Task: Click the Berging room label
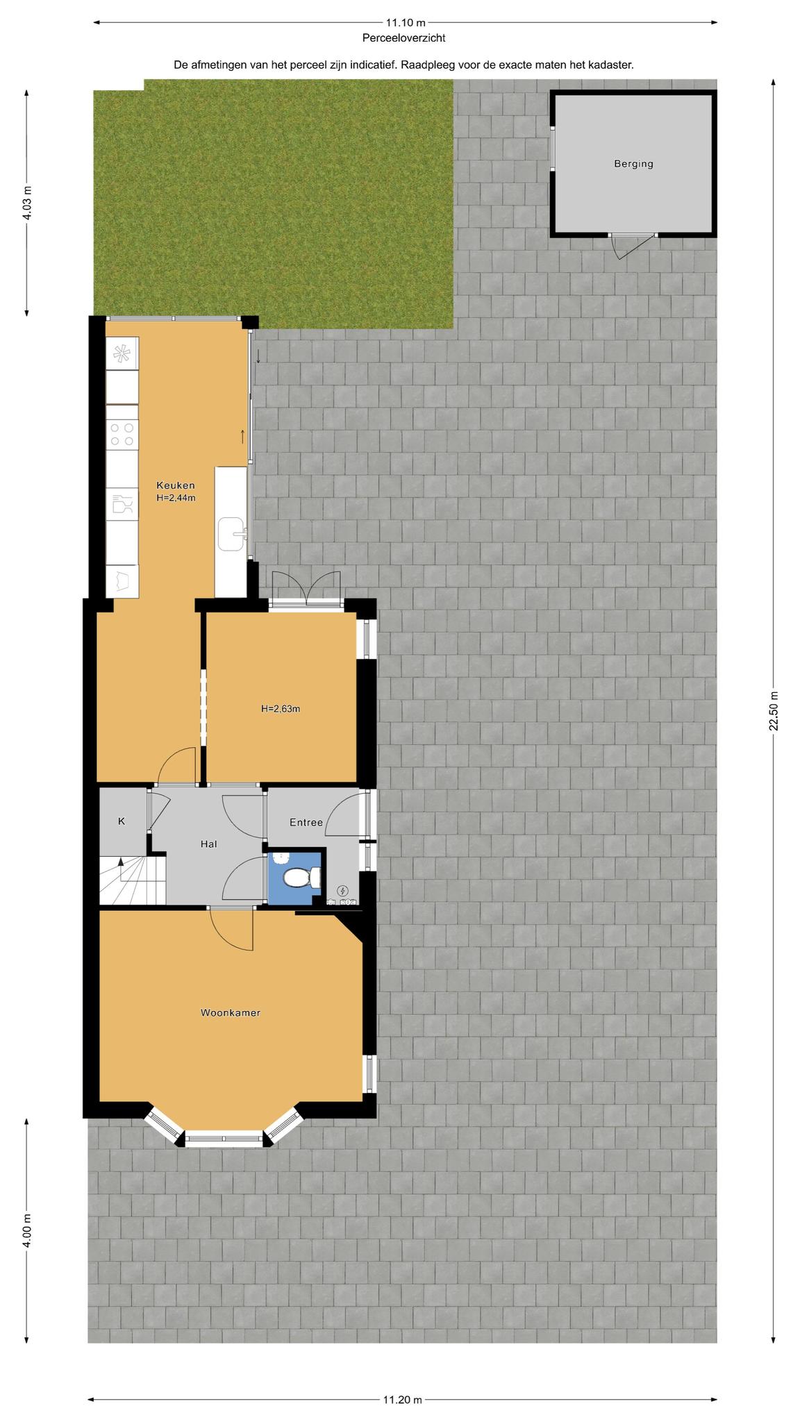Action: point(633,165)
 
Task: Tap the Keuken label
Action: point(176,485)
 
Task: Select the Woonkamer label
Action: point(231,1013)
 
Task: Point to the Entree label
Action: point(306,823)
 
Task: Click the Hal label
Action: point(208,844)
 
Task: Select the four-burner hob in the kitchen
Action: point(122,435)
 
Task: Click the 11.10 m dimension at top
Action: point(406,22)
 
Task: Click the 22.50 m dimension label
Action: point(774,710)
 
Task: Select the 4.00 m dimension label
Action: point(27,1230)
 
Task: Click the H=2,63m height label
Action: point(281,709)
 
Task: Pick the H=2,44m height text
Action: point(176,497)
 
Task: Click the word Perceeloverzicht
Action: point(403,39)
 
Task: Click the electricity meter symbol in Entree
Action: point(342,891)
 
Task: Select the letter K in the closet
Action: point(122,821)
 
